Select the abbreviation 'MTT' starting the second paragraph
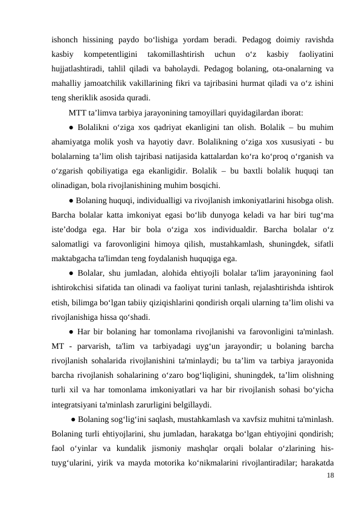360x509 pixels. coord(77,112)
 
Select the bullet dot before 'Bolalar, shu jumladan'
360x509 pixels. coord(71,272)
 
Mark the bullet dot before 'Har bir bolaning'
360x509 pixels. coord(71,330)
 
